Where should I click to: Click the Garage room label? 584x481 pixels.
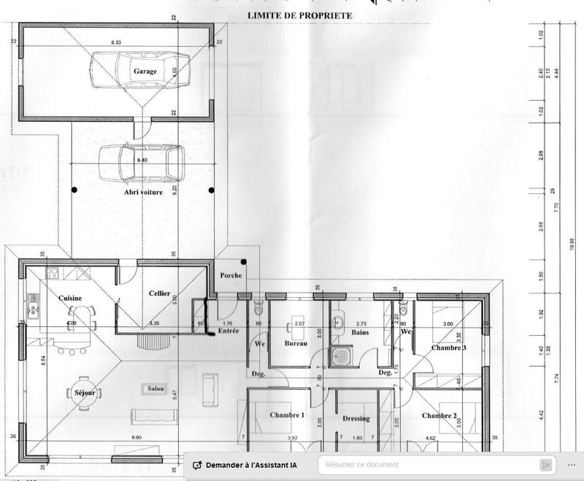coord(145,72)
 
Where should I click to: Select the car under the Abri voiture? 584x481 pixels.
coord(141,164)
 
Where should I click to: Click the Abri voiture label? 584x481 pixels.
coord(142,192)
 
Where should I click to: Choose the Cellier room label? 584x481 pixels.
coord(159,293)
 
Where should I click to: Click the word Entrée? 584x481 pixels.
coord(228,331)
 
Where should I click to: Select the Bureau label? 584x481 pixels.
coord(296,342)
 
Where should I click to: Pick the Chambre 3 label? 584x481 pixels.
coord(449,347)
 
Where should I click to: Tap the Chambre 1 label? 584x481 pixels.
coord(287,415)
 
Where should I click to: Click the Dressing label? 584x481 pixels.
coord(356,419)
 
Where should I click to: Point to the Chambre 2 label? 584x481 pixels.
coord(439,416)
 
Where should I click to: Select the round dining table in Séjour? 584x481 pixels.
coord(85,393)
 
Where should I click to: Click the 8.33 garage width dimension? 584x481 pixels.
coord(116,44)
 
